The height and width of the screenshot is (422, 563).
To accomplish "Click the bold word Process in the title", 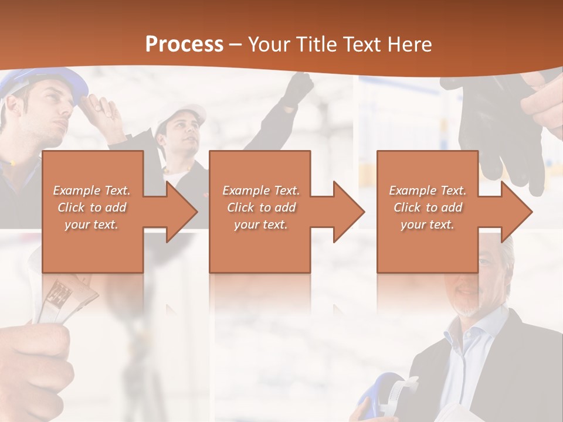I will [x=184, y=44].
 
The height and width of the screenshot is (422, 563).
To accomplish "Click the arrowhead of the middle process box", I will [x=348, y=212].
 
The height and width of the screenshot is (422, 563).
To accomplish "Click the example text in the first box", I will [x=91, y=207].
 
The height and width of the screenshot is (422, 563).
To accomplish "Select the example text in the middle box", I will [x=261, y=207].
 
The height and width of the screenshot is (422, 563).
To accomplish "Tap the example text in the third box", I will [x=428, y=207].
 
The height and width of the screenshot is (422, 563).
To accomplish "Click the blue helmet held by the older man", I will [x=381, y=399].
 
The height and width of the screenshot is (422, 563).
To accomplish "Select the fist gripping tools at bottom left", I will [x=35, y=363].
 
